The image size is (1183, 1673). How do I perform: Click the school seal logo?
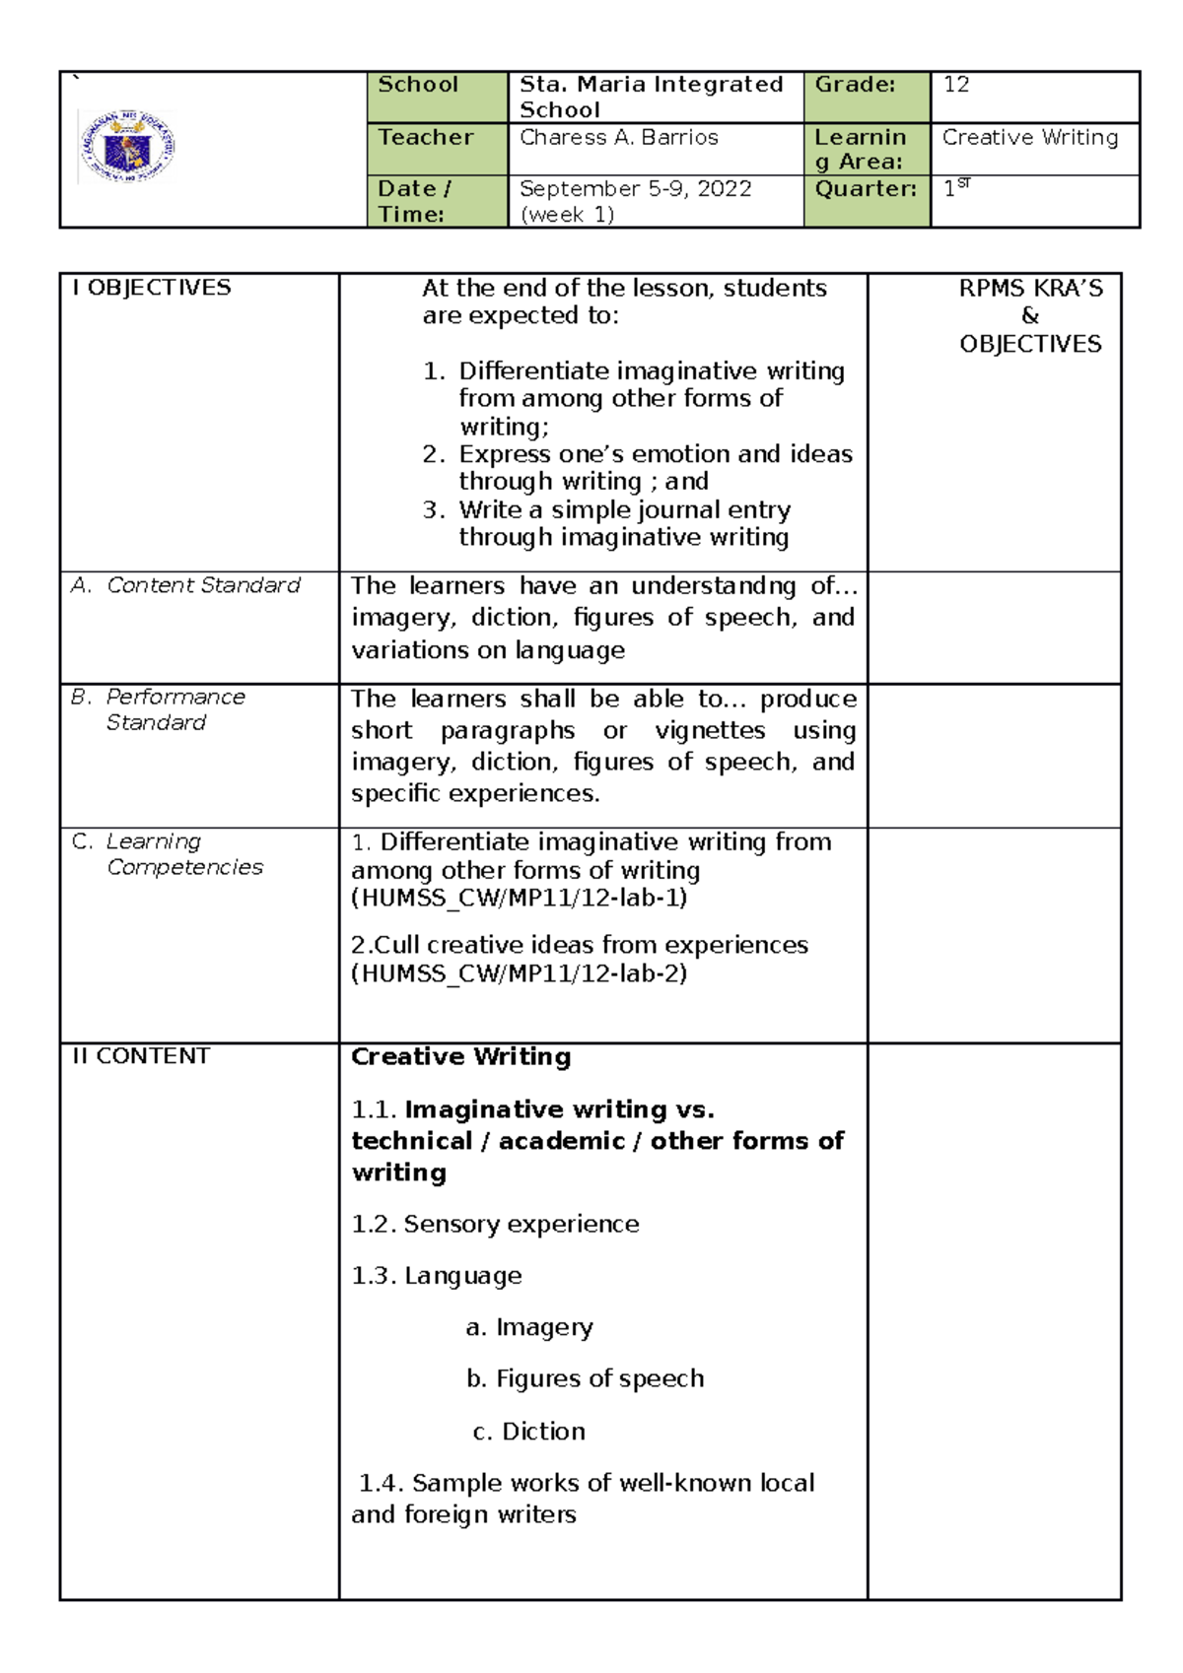pyautogui.click(x=126, y=147)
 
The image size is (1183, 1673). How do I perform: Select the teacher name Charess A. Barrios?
pyautogui.click(x=618, y=138)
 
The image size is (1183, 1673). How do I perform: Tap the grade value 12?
pyautogui.click(x=956, y=85)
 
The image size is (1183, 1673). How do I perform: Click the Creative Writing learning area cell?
pyautogui.click(x=1030, y=138)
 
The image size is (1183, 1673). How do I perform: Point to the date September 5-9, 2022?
pyautogui.click(x=635, y=189)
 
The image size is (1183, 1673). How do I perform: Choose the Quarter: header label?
pyautogui.click(x=866, y=189)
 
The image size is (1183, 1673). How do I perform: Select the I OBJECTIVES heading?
pyautogui.click(x=151, y=288)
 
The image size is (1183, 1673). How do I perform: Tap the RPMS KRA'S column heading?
pyautogui.click(x=1030, y=289)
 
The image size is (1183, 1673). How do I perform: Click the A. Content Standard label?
pyautogui.click(x=186, y=585)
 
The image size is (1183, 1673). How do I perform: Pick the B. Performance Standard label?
pyautogui.click(x=159, y=709)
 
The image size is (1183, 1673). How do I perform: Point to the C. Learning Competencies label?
pyautogui.click(x=169, y=854)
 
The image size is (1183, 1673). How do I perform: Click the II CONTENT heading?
pyautogui.click(x=141, y=1056)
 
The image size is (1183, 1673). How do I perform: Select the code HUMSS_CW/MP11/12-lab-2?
pyautogui.click(x=520, y=974)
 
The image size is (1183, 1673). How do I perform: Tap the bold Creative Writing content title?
pyautogui.click(x=460, y=1056)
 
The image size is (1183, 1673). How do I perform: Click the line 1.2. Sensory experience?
pyautogui.click(x=495, y=1224)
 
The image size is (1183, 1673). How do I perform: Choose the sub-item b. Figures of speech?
pyautogui.click(x=585, y=1378)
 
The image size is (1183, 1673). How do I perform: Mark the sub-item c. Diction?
pyautogui.click(x=529, y=1431)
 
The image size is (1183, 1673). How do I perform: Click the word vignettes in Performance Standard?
pyautogui.click(x=710, y=730)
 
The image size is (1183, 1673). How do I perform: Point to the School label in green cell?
pyautogui.click(x=418, y=85)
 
